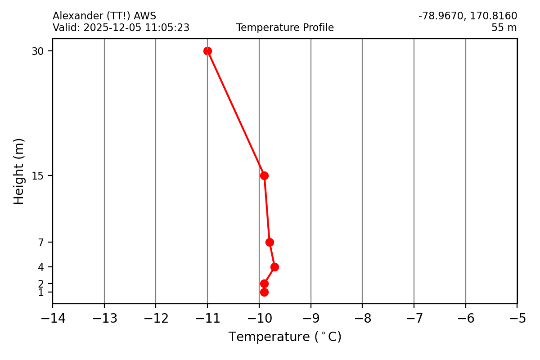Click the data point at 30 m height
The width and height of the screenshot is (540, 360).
207,51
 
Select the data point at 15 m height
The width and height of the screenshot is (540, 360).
264,175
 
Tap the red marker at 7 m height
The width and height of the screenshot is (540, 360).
270,242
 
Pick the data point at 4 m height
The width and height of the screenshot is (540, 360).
274,267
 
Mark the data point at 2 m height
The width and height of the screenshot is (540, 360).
264,283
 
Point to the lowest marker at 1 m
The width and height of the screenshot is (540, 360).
264,292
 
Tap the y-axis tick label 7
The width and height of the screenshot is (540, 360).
41,243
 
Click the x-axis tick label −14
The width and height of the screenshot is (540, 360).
53,319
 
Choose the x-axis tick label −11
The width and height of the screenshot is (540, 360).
207,319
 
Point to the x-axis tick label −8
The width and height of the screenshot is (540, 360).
362,319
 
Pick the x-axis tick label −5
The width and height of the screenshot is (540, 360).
517,319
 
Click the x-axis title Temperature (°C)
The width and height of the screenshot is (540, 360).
285,337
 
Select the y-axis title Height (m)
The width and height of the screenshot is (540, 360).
19,171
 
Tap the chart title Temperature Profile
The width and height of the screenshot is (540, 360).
285,28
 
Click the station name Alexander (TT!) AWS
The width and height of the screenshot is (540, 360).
104,16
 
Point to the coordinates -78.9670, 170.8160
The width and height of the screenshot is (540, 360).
468,16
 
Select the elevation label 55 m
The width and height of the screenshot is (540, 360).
504,28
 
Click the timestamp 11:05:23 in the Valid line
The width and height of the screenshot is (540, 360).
167,28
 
